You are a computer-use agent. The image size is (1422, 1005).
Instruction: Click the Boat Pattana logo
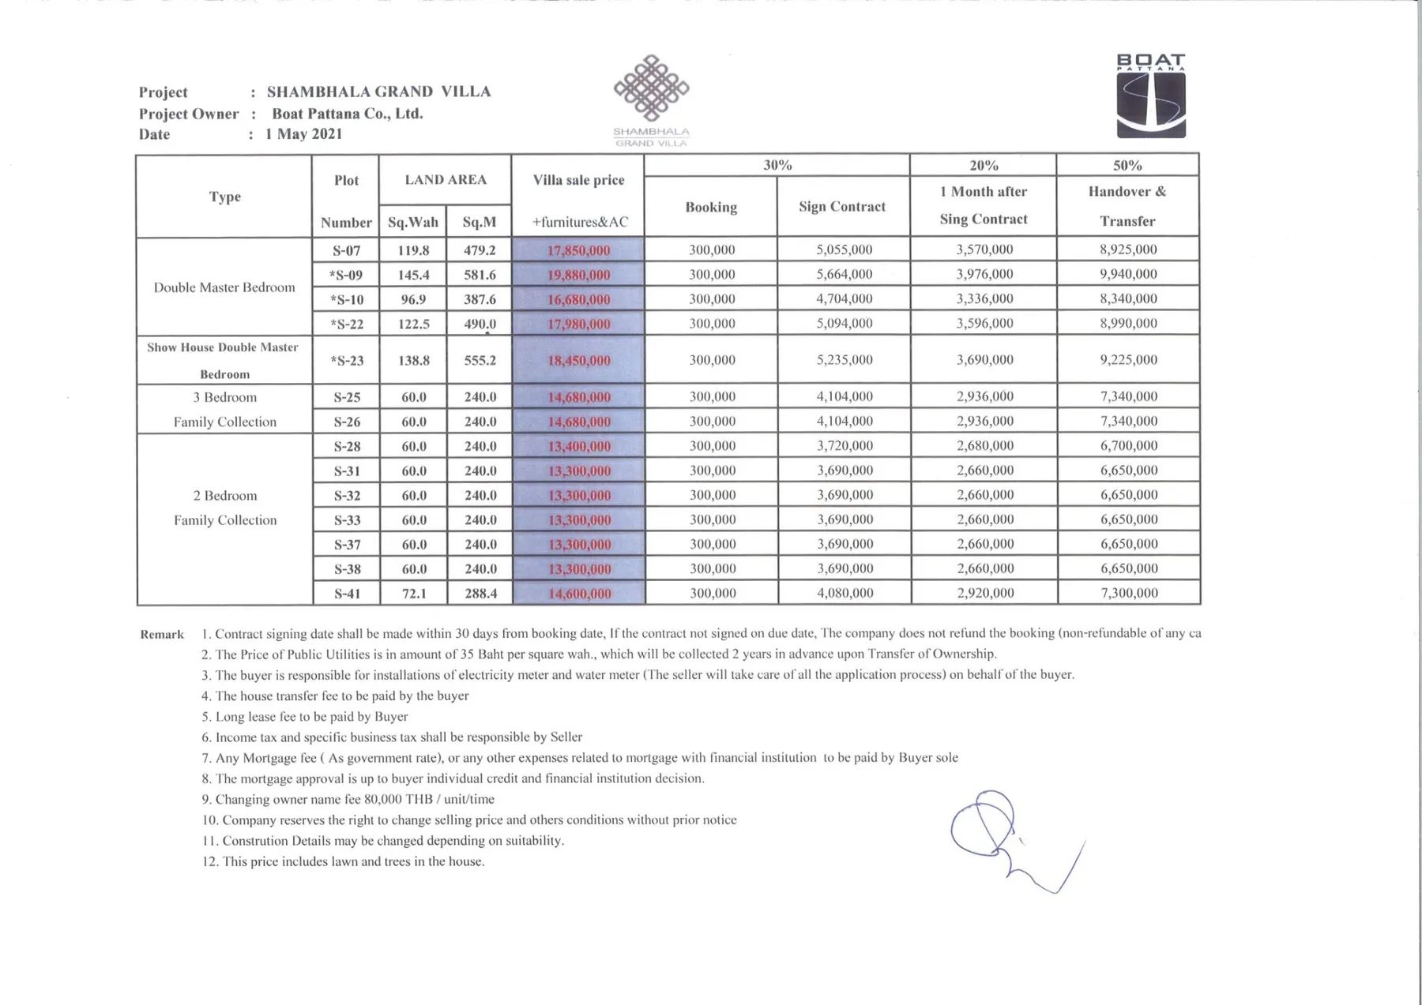click(x=1151, y=96)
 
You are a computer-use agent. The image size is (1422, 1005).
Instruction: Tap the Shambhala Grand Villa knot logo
click(x=651, y=88)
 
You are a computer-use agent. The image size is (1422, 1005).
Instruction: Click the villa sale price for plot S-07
click(x=578, y=250)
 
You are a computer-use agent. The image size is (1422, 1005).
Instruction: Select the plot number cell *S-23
click(x=347, y=361)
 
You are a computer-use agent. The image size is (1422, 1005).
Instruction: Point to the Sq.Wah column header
click(x=412, y=222)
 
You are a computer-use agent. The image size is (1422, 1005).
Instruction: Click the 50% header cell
click(x=1127, y=165)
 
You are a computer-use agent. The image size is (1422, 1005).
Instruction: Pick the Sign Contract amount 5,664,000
click(x=844, y=274)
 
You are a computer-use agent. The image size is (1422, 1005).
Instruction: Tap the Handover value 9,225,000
click(x=1128, y=360)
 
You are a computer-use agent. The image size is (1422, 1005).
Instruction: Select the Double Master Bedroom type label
click(x=224, y=287)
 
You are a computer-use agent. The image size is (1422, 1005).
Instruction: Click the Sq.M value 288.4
click(x=480, y=593)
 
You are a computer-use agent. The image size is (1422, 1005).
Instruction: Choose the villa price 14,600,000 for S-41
click(x=579, y=594)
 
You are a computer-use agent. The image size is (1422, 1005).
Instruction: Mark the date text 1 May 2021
click(x=304, y=134)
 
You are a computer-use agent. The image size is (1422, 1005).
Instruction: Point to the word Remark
click(x=162, y=635)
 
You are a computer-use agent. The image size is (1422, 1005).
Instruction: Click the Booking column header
click(x=711, y=207)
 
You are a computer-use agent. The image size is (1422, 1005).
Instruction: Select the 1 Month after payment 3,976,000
click(x=984, y=274)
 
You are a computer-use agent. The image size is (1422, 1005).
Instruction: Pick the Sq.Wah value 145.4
click(x=413, y=275)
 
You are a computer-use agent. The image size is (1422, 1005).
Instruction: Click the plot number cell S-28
click(x=347, y=446)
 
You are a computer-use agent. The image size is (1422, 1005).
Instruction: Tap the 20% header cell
click(x=984, y=165)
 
